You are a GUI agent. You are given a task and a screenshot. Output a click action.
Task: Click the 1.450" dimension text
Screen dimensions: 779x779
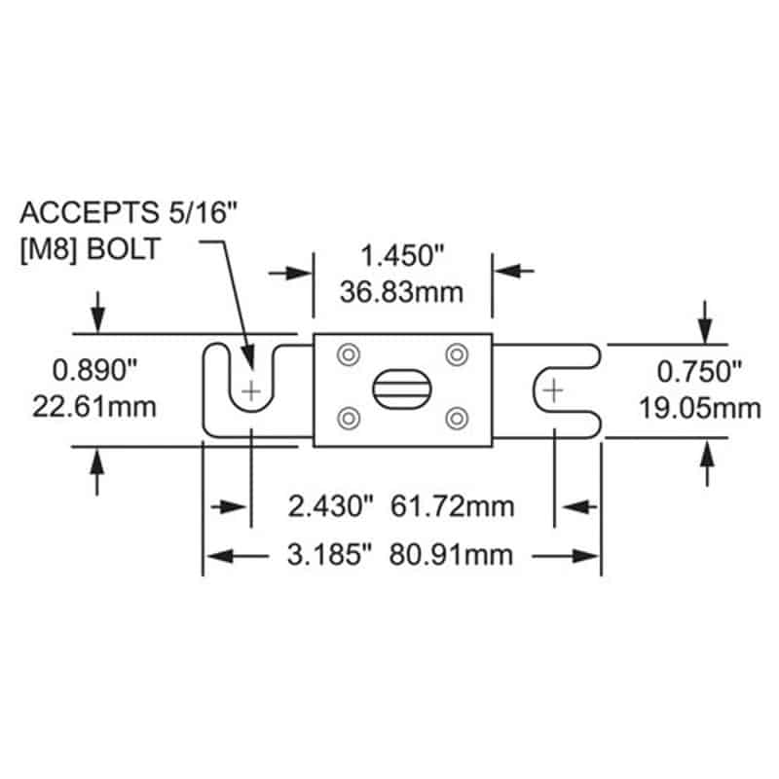[402, 258]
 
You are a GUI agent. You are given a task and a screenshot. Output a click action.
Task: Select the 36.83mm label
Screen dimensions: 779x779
[402, 291]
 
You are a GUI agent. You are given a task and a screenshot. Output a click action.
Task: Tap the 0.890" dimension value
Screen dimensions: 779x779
[94, 369]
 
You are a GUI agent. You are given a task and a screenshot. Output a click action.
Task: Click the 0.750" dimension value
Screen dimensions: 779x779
[697, 370]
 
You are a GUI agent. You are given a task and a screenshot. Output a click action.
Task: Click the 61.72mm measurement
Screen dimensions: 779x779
[452, 507]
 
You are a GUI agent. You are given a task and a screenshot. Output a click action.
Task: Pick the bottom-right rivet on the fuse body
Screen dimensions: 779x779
[455, 418]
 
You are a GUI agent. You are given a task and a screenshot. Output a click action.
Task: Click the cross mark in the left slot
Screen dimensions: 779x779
[251, 391]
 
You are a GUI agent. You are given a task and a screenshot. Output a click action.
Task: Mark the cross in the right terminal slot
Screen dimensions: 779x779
[553, 391]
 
